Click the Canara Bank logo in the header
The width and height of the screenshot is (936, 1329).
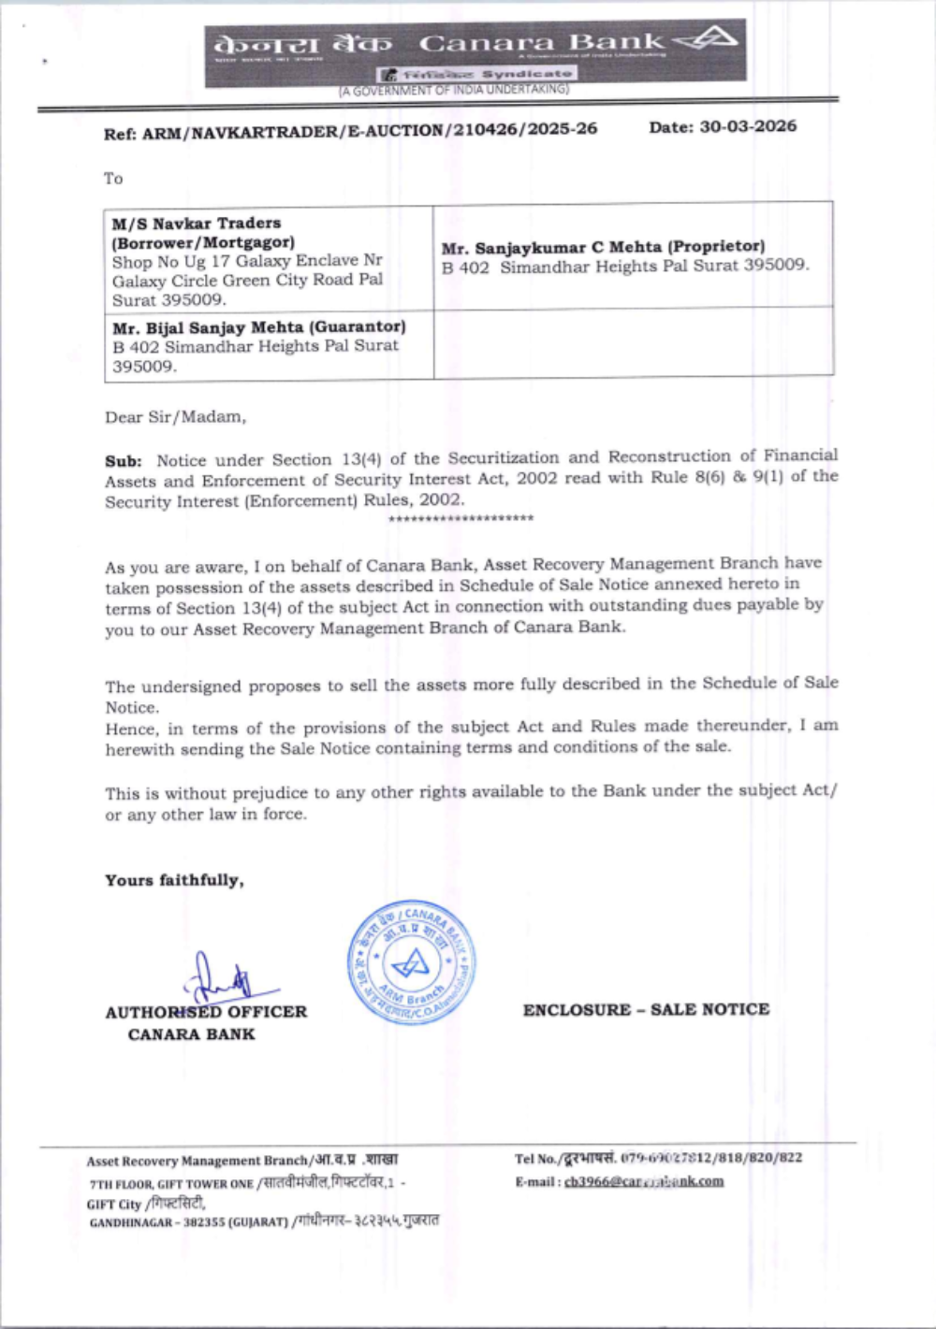click(x=707, y=39)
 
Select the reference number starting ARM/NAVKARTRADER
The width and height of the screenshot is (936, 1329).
click(x=370, y=130)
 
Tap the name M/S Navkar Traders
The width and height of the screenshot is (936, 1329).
click(x=197, y=224)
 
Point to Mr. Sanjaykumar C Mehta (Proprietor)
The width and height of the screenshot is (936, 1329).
click(x=603, y=247)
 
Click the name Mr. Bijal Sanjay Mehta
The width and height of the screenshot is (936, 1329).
click(x=259, y=327)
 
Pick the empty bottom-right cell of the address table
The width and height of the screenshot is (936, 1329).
click(x=633, y=342)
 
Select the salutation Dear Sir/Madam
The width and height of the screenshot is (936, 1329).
click(x=175, y=417)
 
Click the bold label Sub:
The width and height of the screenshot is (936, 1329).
click(x=123, y=461)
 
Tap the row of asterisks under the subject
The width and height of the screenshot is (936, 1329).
click(x=461, y=518)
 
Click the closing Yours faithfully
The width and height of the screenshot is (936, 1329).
click(x=174, y=880)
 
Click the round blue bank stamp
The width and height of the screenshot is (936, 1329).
click(x=411, y=961)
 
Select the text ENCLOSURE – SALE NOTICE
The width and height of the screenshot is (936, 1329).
click(x=646, y=1009)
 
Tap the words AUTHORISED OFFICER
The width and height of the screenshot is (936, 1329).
click(x=206, y=1012)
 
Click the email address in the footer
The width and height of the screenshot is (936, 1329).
click(x=644, y=1181)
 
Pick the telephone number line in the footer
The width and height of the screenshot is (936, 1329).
click(x=658, y=1158)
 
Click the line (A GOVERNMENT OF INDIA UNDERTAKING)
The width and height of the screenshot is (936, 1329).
click(x=454, y=91)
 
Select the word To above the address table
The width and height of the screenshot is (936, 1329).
click(x=113, y=179)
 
